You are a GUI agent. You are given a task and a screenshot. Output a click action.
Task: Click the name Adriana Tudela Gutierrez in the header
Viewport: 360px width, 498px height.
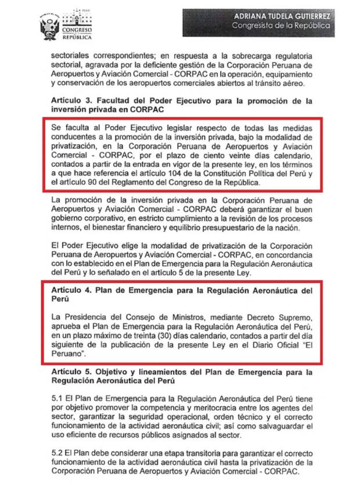point(283,16)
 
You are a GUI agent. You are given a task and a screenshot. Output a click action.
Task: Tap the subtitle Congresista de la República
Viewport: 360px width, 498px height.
point(283,27)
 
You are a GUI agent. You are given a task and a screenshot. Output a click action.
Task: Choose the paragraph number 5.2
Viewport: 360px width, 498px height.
point(58,453)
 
